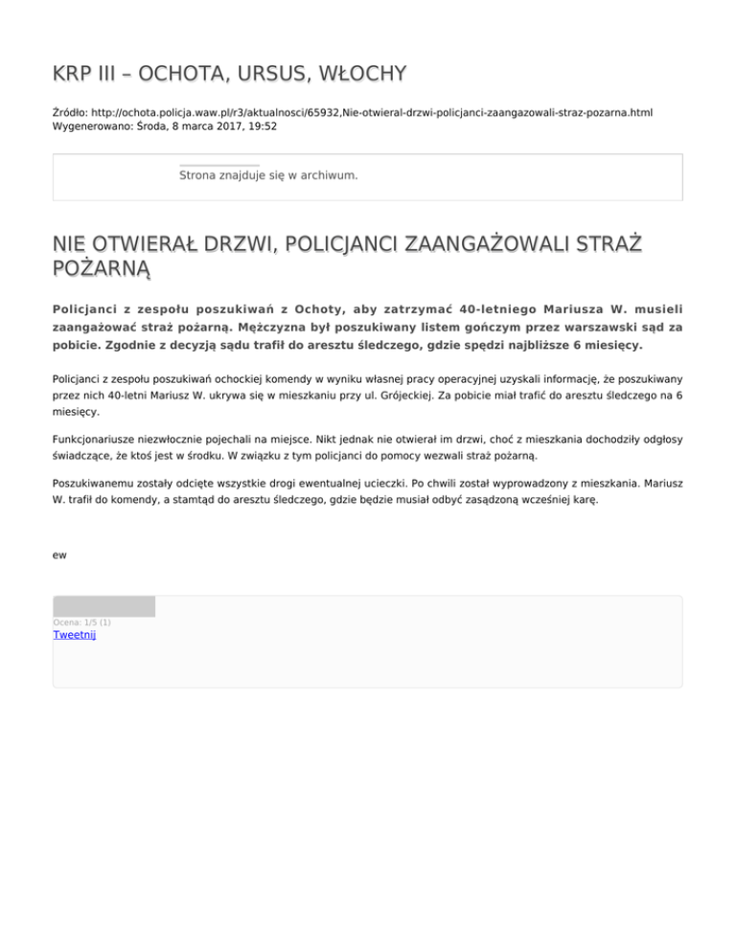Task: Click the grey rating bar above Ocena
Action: (x=103, y=606)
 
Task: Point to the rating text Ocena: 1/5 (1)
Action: (x=81, y=622)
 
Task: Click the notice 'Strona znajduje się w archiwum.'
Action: (x=268, y=175)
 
